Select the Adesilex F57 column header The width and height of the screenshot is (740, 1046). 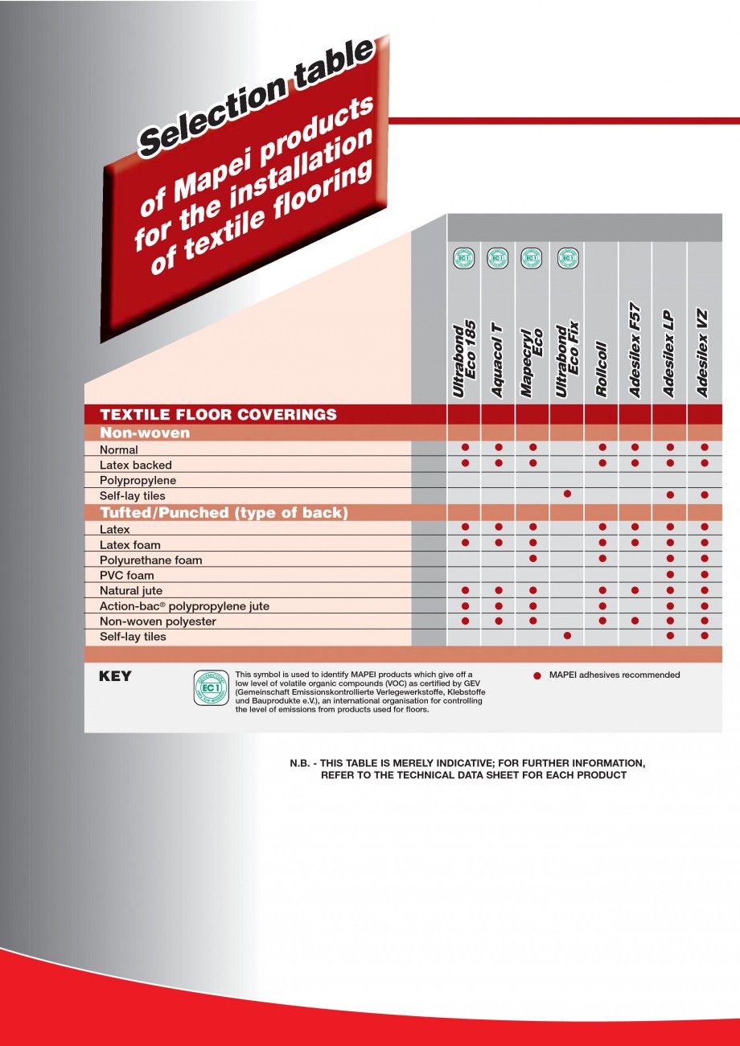[635, 350]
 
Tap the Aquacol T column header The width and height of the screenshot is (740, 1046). [498, 359]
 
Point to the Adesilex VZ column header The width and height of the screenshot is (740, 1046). [704, 353]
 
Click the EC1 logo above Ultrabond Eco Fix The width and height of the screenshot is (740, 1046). [568, 258]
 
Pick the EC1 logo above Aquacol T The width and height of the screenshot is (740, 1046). [498, 258]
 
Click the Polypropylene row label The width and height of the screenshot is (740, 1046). [138, 481]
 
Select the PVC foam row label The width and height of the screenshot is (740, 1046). [126, 576]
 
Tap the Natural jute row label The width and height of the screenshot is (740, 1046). [131, 591]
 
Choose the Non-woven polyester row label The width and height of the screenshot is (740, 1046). [158, 621]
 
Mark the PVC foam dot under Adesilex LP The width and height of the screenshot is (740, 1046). [670, 575]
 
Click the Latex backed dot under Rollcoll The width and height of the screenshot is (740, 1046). [602, 463]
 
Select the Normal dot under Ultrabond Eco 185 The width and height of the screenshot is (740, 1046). [465, 446]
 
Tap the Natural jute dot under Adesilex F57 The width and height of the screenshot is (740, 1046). [635, 590]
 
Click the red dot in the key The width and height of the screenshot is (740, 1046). [537, 676]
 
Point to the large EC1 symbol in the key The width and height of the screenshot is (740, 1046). [211, 687]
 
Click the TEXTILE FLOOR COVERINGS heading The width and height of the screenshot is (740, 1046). [218, 415]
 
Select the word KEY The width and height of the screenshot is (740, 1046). [115, 677]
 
